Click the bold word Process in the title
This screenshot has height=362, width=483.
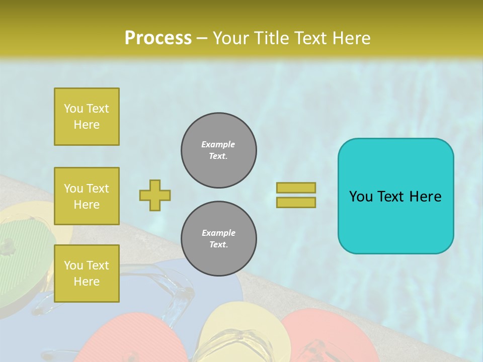[x=158, y=38]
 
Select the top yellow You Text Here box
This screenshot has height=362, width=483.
[x=87, y=117]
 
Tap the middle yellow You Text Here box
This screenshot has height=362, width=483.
[x=87, y=196]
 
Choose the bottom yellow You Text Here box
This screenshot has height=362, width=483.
[x=87, y=274]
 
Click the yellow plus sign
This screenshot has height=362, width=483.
[x=155, y=195]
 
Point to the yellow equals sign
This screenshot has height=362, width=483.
[x=296, y=195]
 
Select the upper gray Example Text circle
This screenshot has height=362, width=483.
[x=219, y=150]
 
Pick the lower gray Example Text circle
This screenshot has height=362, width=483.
[x=219, y=239]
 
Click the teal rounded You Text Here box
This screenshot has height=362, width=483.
[x=395, y=196]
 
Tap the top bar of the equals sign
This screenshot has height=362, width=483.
[x=296, y=188]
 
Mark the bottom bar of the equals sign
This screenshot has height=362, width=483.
[x=296, y=202]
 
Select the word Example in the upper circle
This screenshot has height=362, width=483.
[x=218, y=145]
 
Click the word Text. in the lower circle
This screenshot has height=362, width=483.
[x=218, y=245]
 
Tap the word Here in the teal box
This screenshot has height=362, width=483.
[x=426, y=197]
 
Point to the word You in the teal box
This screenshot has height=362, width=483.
[x=360, y=197]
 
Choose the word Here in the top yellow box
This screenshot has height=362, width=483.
[x=87, y=125]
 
